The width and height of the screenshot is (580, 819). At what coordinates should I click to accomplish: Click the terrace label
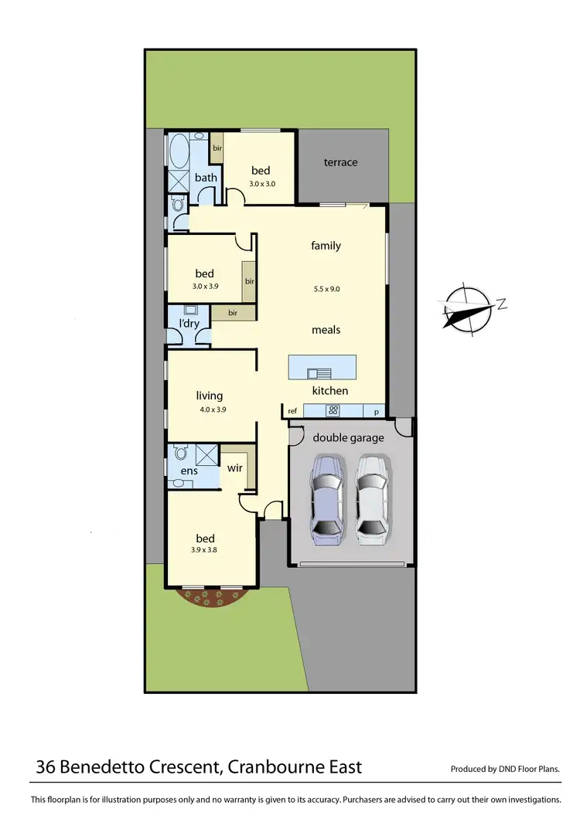(x=340, y=162)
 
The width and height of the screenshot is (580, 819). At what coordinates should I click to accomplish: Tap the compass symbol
(x=468, y=309)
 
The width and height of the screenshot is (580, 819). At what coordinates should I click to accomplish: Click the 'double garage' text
(x=348, y=438)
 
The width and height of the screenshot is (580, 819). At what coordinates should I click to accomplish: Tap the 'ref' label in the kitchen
(x=292, y=412)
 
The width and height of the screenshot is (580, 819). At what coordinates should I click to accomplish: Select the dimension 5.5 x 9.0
(x=326, y=289)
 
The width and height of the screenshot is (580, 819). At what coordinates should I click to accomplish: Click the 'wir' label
(x=234, y=468)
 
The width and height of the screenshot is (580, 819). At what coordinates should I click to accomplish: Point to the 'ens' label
(x=189, y=471)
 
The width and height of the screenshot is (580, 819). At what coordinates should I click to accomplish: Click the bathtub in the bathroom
(x=179, y=152)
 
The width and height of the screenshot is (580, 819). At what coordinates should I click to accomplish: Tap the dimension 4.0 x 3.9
(x=210, y=410)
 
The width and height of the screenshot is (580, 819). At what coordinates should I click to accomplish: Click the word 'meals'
(x=326, y=330)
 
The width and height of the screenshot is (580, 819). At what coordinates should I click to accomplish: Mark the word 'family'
(x=326, y=246)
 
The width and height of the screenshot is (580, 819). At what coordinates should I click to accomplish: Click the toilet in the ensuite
(x=181, y=451)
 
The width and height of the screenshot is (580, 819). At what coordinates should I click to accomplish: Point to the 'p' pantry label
(x=377, y=412)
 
